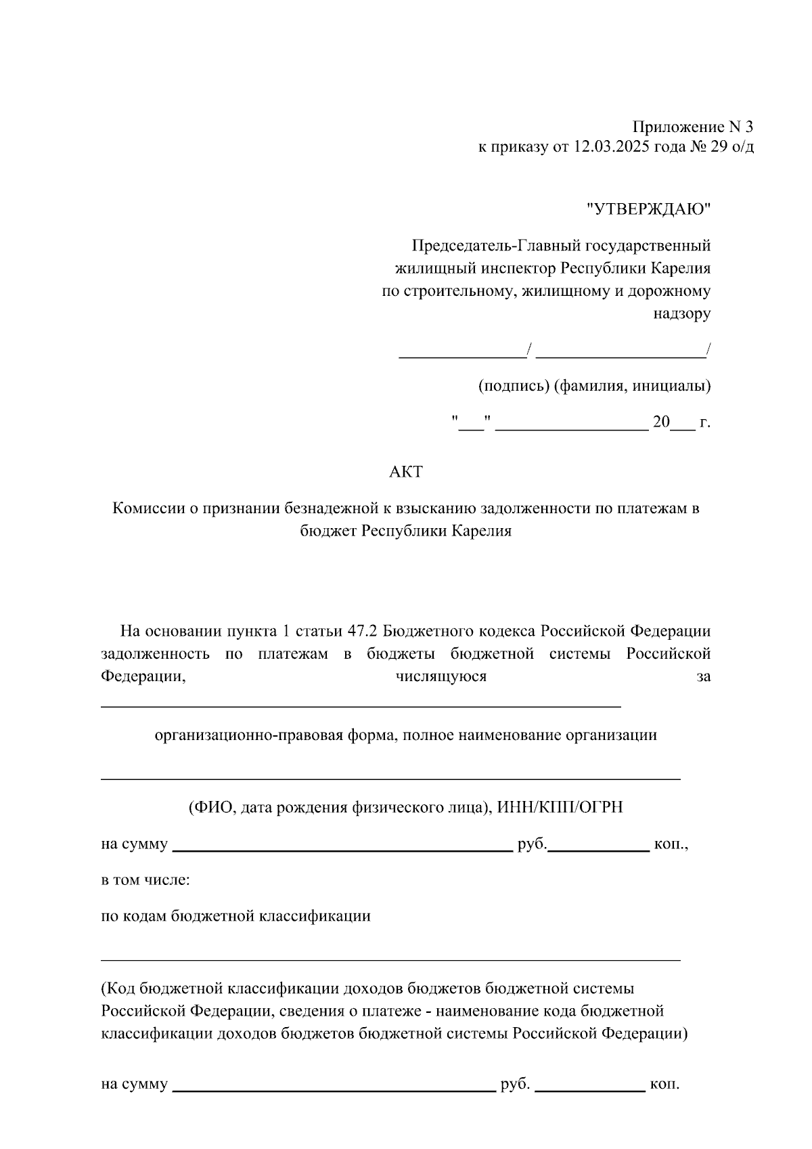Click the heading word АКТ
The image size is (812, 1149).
tap(406, 472)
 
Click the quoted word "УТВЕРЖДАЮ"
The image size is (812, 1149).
tap(649, 209)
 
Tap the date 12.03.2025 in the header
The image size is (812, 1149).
tap(612, 147)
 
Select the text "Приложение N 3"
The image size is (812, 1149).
tap(692, 127)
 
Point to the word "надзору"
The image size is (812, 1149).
tap(681, 313)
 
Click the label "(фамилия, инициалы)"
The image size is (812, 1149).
tap(632, 386)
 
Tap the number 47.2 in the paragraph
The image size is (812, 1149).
tap(363, 631)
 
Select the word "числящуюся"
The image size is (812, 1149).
tap(441, 676)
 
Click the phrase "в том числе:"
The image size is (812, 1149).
tap(145, 880)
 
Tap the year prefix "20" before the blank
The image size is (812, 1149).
tap(661, 422)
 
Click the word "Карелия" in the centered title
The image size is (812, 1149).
tap(481, 531)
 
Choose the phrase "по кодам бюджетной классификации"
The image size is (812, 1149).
tap(235, 916)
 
